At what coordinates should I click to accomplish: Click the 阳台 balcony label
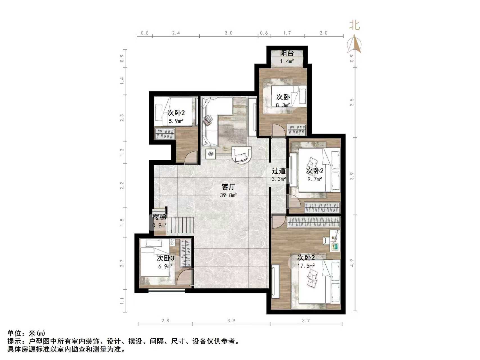pos(287,53)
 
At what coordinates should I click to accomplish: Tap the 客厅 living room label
pos(228,187)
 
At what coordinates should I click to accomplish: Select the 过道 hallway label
pos(278,171)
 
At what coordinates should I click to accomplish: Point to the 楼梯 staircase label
pos(159,217)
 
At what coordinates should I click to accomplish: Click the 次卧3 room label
pos(165,258)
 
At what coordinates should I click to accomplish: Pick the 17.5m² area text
pos(306,265)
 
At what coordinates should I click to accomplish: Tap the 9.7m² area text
pos(315,179)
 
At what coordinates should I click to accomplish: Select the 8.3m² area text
pos(283,105)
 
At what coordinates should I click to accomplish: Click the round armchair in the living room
pos(241,154)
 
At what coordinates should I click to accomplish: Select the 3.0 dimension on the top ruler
pos(229,33)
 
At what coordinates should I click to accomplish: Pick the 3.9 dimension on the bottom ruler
pos(231,320)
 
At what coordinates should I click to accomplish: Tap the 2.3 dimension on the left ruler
pos(122,118)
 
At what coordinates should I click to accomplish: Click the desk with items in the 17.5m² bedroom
pos(334,240)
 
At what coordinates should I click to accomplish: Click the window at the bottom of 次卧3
pos(167,291)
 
